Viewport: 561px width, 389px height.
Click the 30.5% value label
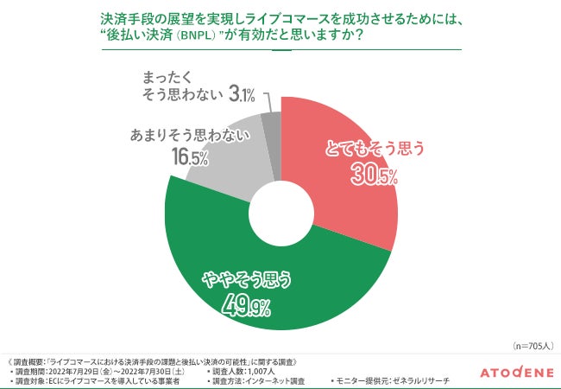coord(374,176)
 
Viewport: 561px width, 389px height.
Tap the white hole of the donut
coord(280,213)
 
